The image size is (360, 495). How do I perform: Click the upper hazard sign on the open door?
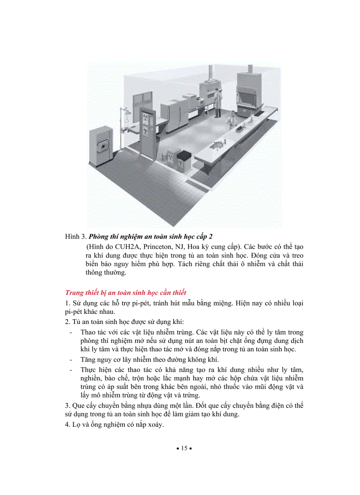pos(147,118)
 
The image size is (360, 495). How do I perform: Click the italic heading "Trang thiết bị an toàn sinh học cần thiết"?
pos(126,293)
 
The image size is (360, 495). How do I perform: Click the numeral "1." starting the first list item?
pos(67,303)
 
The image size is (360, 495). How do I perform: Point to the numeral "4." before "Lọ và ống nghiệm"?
pos(67,425)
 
